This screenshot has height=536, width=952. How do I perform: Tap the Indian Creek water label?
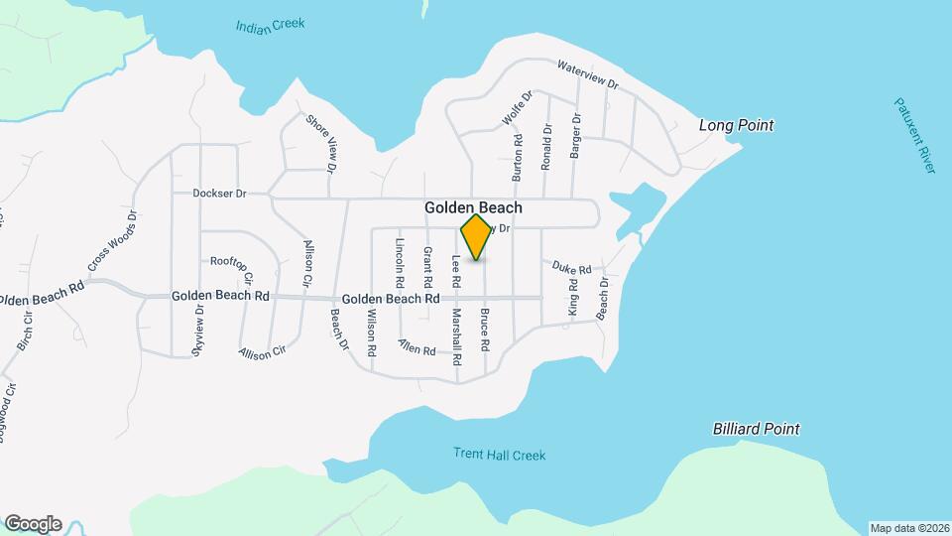[x=271, y=25]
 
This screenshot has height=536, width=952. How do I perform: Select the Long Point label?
[x=736, y=126]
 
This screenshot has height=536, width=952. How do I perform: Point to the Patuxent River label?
[x=914, y=135]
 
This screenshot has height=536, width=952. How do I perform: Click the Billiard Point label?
[x=756, y=429]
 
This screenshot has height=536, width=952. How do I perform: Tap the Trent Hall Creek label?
[x=500, y=455]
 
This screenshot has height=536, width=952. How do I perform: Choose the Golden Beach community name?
[x=473, y=208]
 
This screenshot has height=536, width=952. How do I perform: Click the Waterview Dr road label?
[x=587, y=74]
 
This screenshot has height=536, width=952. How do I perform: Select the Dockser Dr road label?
[x=219, y=194]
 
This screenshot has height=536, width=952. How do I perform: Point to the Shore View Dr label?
[x=319, y=142]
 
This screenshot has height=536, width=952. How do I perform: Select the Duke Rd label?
[x=571, y=267]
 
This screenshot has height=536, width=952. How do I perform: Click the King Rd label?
[x=572, y=298]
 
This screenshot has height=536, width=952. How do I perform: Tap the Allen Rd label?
[x=416, y=347]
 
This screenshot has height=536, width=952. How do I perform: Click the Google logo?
[x=33, y=524]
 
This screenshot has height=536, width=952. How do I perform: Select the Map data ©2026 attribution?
[x=908, y=527]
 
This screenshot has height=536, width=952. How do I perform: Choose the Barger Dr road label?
[x=574, y=136]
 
